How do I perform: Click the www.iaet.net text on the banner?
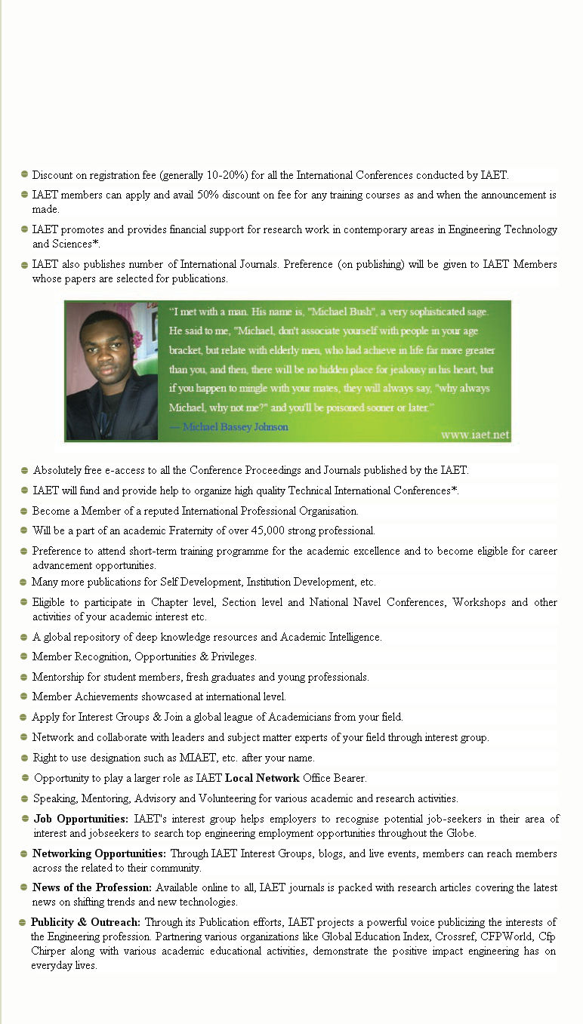click(475, 435)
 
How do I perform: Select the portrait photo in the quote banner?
click(112, 371)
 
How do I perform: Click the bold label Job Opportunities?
click(81, 819)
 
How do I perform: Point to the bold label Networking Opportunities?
click(99, 853)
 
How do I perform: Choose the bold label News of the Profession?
click(92, 887)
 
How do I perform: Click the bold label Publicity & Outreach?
click(85, 922)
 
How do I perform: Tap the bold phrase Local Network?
click(262, 778)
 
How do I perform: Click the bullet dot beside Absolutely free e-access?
click(25, 470)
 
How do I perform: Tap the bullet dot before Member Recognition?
click(25, 657)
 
